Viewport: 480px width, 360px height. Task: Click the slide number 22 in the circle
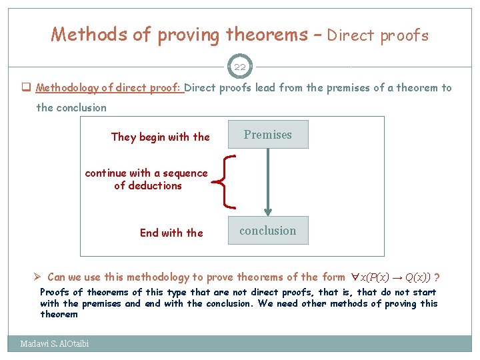239,67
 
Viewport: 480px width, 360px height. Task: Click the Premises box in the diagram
268,135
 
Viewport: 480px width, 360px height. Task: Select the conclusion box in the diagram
268,231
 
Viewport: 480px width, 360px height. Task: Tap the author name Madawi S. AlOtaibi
55,344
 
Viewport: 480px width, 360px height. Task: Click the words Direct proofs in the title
377,35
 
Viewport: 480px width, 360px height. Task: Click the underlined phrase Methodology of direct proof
109,88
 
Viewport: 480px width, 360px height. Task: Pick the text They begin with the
160,137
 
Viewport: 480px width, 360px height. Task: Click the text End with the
171,233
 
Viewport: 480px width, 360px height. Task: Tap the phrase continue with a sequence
146,173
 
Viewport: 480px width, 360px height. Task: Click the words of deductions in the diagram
148,186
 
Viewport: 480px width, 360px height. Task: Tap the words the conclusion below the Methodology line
71,108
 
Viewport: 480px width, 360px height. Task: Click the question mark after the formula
437,277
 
